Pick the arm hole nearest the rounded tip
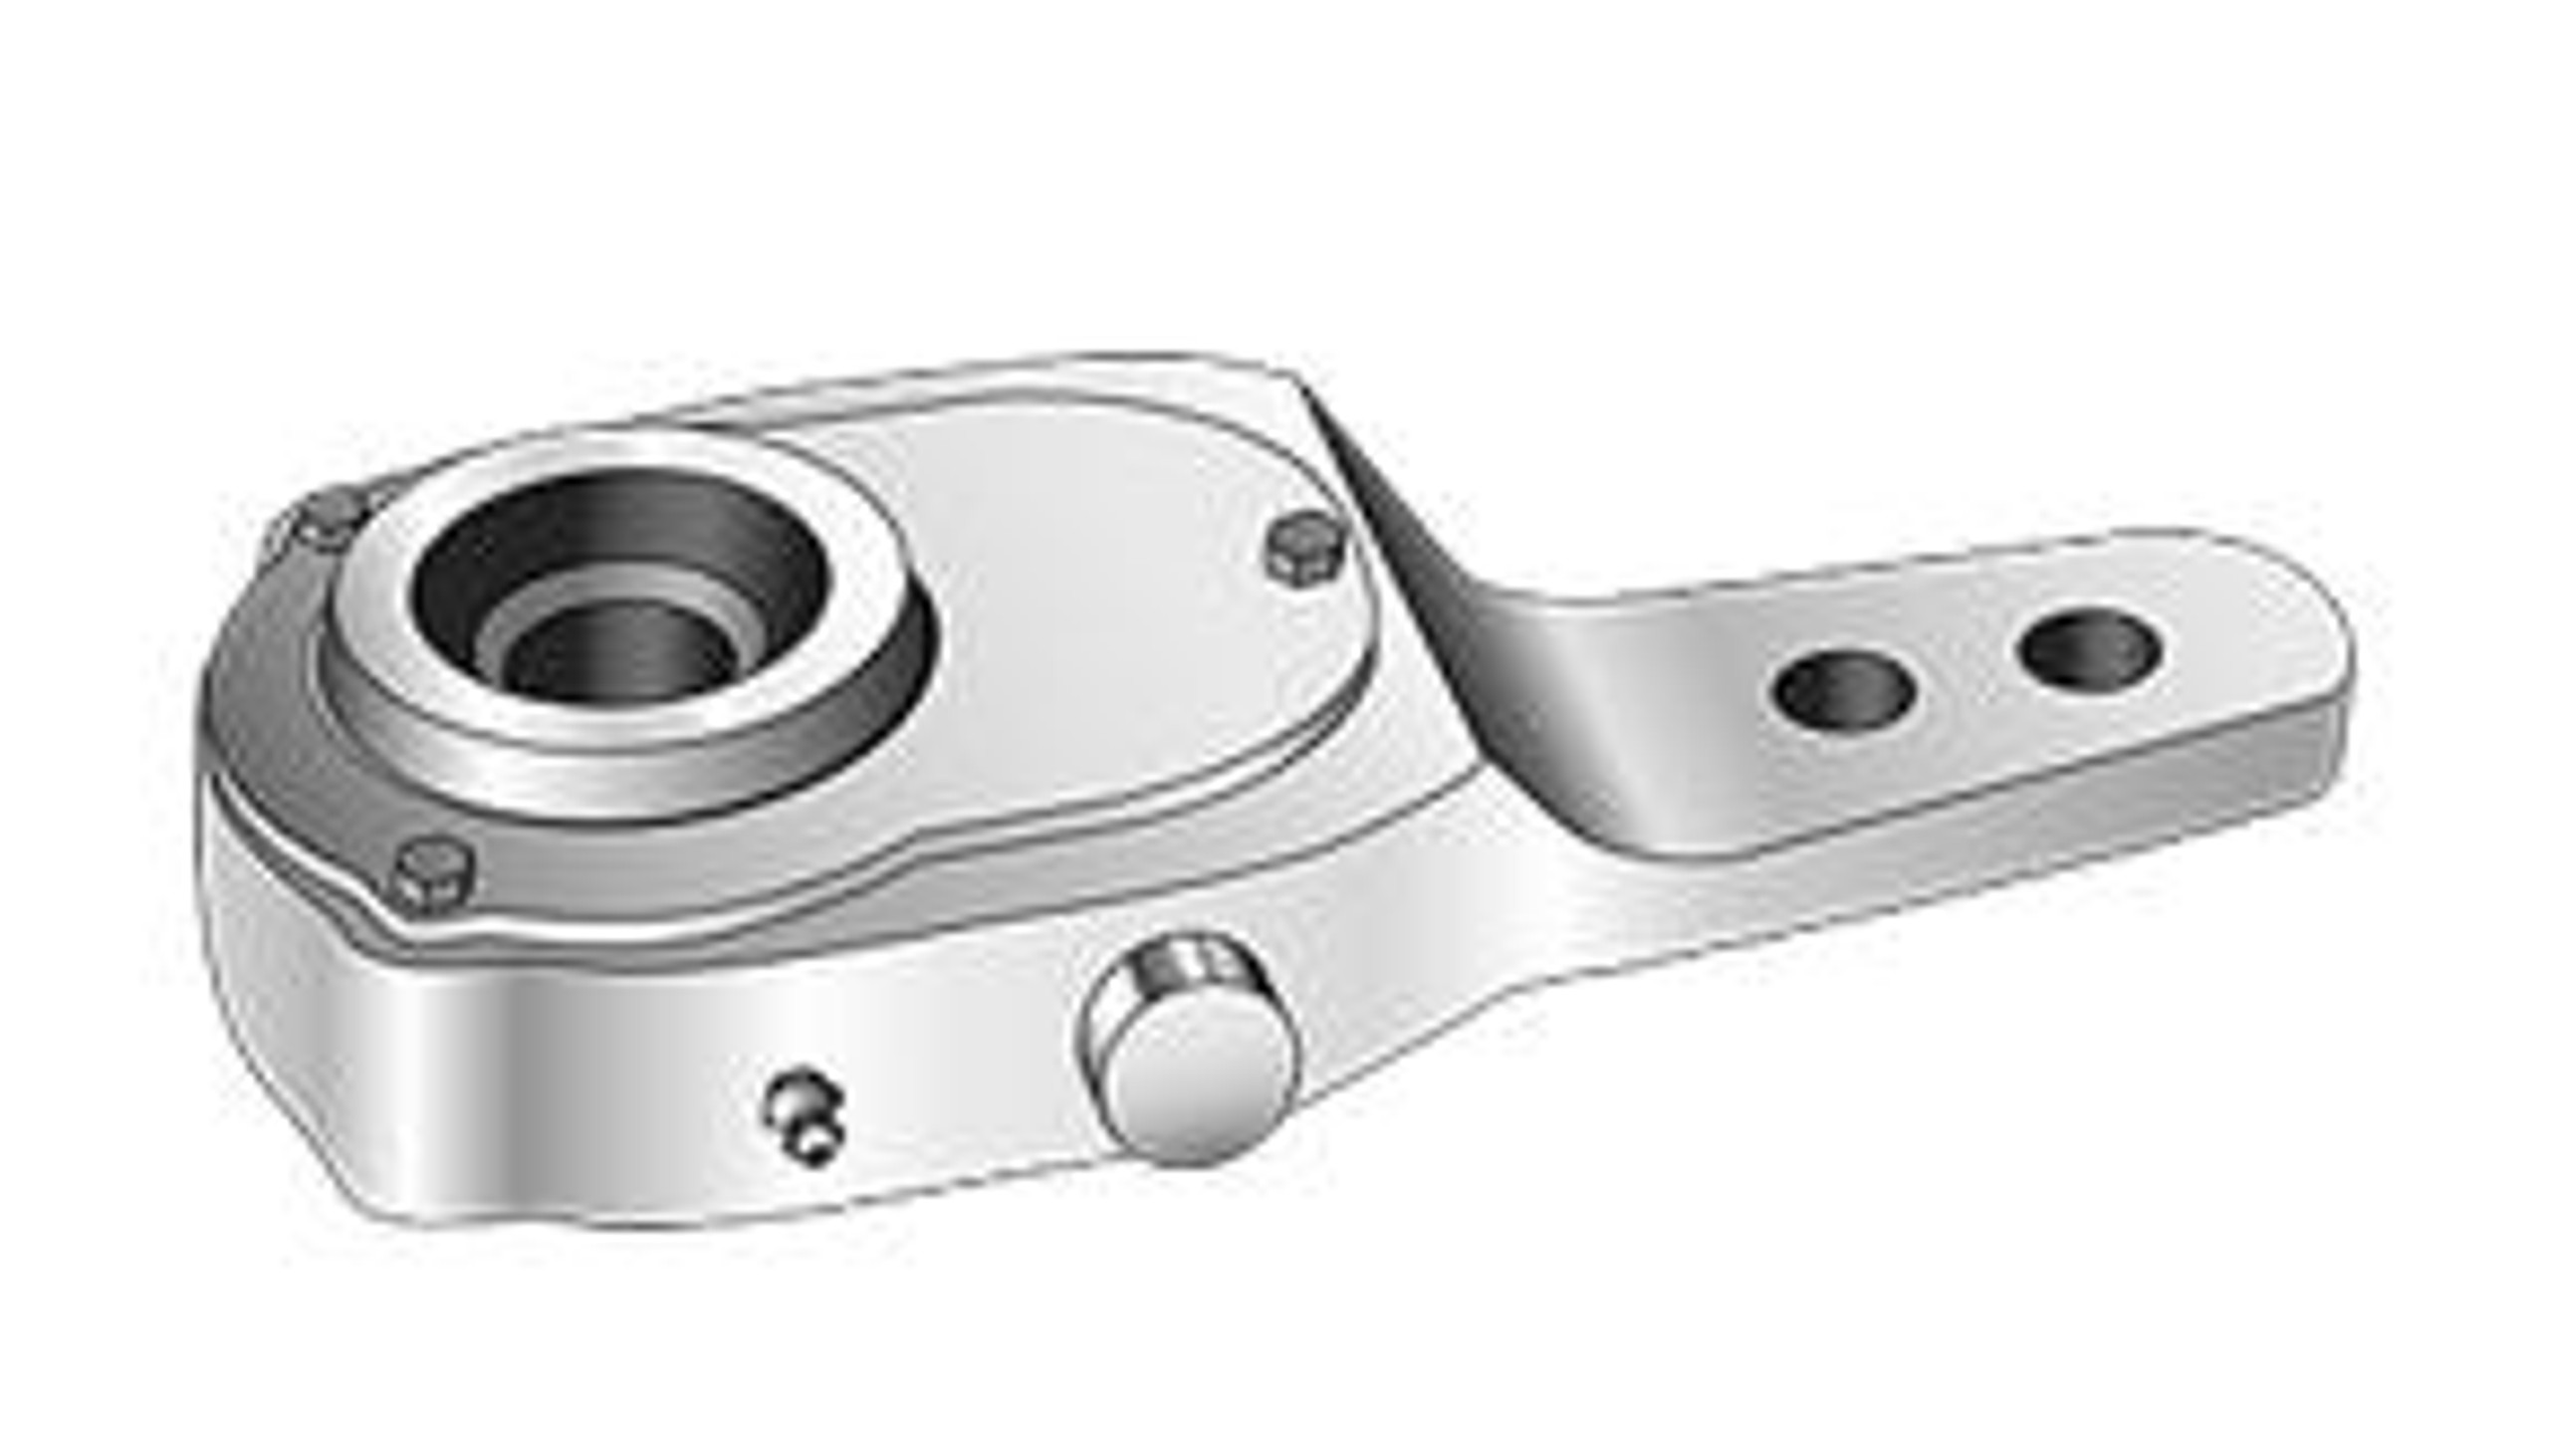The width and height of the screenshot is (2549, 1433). [x=2089, y=649]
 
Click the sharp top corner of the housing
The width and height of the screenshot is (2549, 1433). [x=1294, y=376]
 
